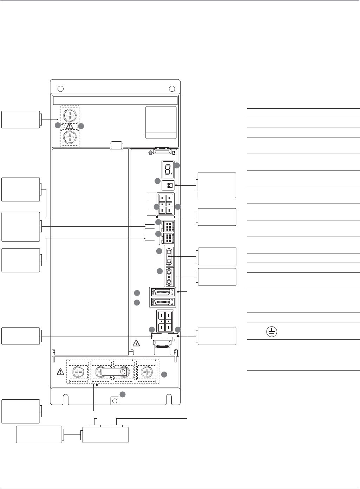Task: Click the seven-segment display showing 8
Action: coord(167,169)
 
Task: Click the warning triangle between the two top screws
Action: coord(70,126)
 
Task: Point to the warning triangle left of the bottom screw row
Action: coord(60,371)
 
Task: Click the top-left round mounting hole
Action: coord(60,88)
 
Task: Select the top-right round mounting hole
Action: coord(172,88)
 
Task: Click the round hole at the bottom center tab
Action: coord(114,400)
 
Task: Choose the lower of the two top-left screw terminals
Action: coord(71,137)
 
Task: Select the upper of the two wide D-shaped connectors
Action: coord(163,292)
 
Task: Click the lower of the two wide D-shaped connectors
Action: coord(163,302)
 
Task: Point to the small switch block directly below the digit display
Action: coord(170,185)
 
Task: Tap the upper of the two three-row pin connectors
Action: coord(165,226)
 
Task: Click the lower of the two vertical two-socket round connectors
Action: coord(169,277)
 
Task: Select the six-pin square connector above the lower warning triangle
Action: coord(165,321)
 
